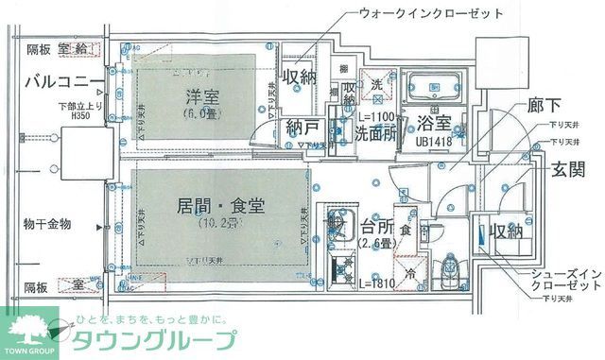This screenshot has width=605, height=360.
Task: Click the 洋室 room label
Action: tap(196, 94)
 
